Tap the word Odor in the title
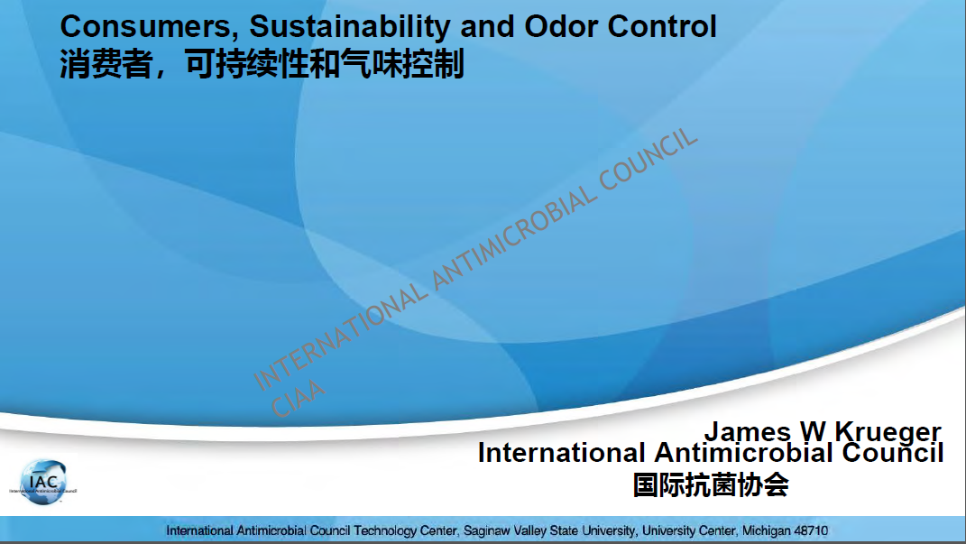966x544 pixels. tap(561, 26)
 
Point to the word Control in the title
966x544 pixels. tap(662, 26)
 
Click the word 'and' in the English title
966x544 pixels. tap(488, 26)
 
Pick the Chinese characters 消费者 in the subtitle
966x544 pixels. tap(106, 64)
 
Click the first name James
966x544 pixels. tap(748, 431)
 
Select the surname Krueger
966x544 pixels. tap(888, 432)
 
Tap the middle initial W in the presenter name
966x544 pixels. tap(813, 431)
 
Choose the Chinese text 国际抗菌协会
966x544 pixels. tap(711, 484)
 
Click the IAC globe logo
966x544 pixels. tap(43, 483)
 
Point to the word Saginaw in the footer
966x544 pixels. tap(487, 531)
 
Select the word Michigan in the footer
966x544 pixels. tap(767, 530)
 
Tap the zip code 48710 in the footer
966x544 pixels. tap(812, 530)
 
